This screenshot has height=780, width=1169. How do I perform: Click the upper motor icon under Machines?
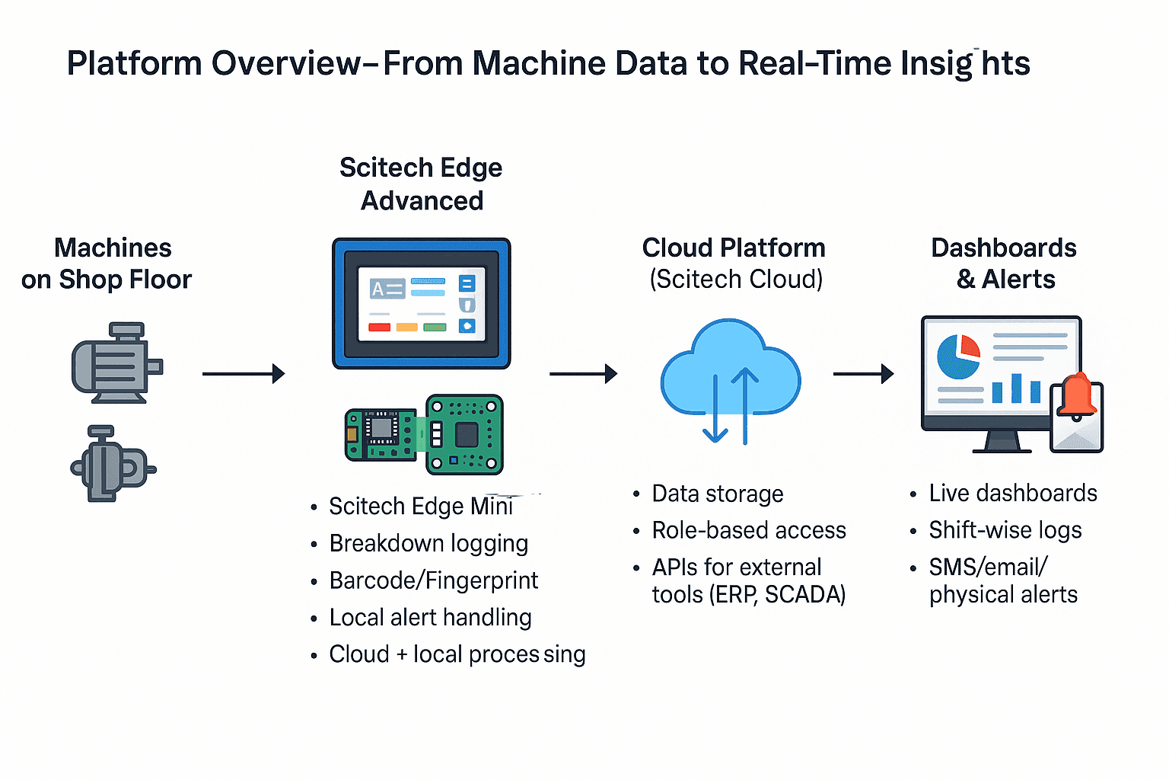tap(116, 363)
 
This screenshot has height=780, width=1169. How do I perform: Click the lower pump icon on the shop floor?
tap(112, 464)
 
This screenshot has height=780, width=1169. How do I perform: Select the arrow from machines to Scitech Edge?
tap(243, 374)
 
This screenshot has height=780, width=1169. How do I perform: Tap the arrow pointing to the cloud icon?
tap(582, 374)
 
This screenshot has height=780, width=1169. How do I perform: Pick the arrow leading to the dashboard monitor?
tap(863, 374)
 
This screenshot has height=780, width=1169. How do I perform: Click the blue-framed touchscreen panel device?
tap(422, 303)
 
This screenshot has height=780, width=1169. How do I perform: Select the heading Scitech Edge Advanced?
tap(421, 184)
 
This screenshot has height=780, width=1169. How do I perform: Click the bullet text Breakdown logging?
tap(428, 543)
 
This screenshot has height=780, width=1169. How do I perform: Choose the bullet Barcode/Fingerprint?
tap(433, 580)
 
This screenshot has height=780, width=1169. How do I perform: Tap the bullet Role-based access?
tap(749, 530)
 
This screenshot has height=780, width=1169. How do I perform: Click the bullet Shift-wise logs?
tap(1005, 530)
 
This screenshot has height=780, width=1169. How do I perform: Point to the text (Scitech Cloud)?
tap(736, 280)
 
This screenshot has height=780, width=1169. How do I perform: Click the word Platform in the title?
tap(134, 63)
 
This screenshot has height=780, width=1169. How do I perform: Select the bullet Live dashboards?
tap(1012, 494)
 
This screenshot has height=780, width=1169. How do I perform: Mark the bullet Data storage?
tap(717, 494)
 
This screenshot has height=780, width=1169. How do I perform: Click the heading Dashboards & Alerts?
tap(1004, 264)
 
